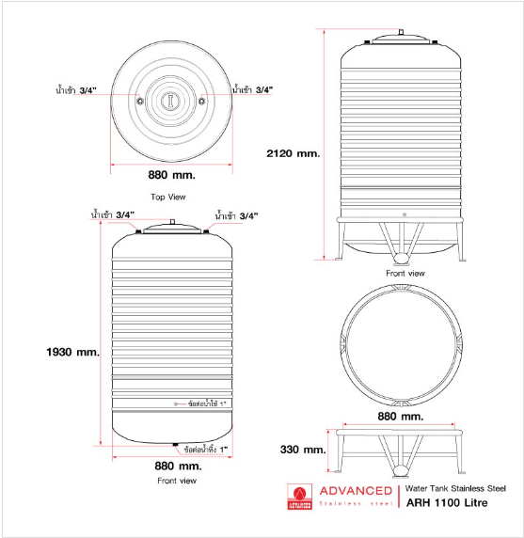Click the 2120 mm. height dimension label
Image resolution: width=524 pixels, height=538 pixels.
coord(294,153)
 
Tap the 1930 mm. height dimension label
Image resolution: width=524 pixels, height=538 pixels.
coord(72,352)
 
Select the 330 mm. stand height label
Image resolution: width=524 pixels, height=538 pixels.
coord(303,450)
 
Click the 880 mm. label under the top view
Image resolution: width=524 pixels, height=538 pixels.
coord(171,175)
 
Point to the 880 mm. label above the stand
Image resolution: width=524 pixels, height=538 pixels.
coord(401,417)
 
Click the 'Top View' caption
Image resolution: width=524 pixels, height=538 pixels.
coord(168,197)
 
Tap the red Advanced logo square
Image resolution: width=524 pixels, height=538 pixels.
coord(299,497)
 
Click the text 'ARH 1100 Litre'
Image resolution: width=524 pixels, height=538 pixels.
coord(447,503)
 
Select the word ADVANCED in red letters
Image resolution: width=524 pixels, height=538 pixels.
coord(356,491)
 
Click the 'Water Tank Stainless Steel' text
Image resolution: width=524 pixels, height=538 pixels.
coord(455,488)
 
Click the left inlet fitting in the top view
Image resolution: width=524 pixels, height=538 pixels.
coord(140,102)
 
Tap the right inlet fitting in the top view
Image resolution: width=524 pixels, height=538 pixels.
coord(201,101)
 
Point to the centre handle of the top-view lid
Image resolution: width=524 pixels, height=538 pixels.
coord(170,102)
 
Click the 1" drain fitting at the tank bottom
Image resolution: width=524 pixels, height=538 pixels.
coord(175,445)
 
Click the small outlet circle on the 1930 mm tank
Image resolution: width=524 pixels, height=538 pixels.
coord(176,404)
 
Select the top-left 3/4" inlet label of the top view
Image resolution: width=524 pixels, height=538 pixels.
coord(76,90)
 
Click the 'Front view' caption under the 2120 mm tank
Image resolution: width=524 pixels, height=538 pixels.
coord(405,274)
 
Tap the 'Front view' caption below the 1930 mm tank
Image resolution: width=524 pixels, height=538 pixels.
coord(177,481)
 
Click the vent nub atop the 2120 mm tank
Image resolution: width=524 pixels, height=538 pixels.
coord(401,32)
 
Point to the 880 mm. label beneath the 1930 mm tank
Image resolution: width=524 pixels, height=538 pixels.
coord(178,466)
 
